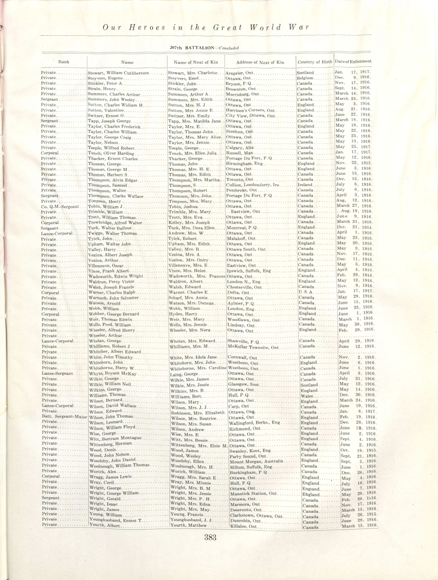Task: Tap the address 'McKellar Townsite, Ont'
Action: (253, 347)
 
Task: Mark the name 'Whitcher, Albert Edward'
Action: (115, 352)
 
